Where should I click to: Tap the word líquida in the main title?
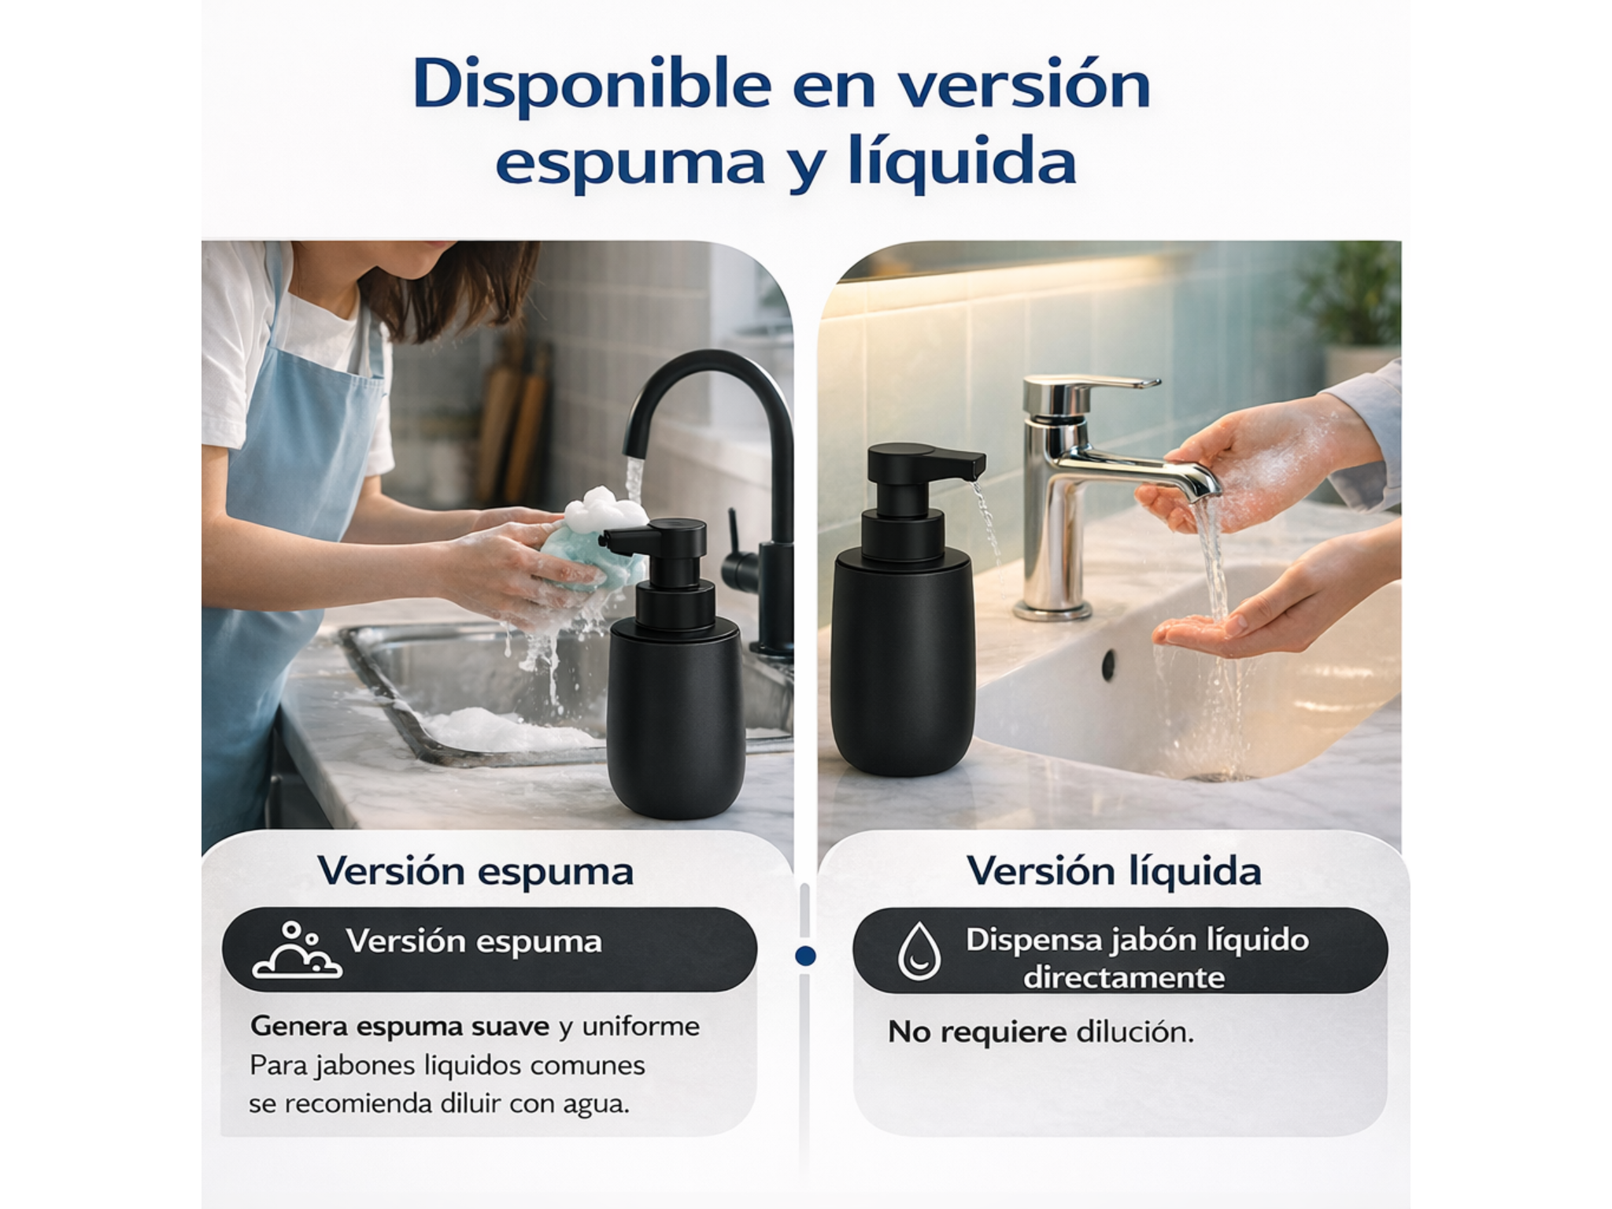(962, 163)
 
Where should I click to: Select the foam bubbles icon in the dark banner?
(297, 950)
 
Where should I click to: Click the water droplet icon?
(919, 951)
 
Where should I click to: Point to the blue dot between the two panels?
(805, 956)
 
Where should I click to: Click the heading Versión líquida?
(1114, 871)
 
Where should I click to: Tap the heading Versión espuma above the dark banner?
(475, 871)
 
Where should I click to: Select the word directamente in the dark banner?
(1124, 978)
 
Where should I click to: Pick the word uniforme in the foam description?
(641, 1026)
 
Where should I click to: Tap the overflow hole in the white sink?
(1109, 665)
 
